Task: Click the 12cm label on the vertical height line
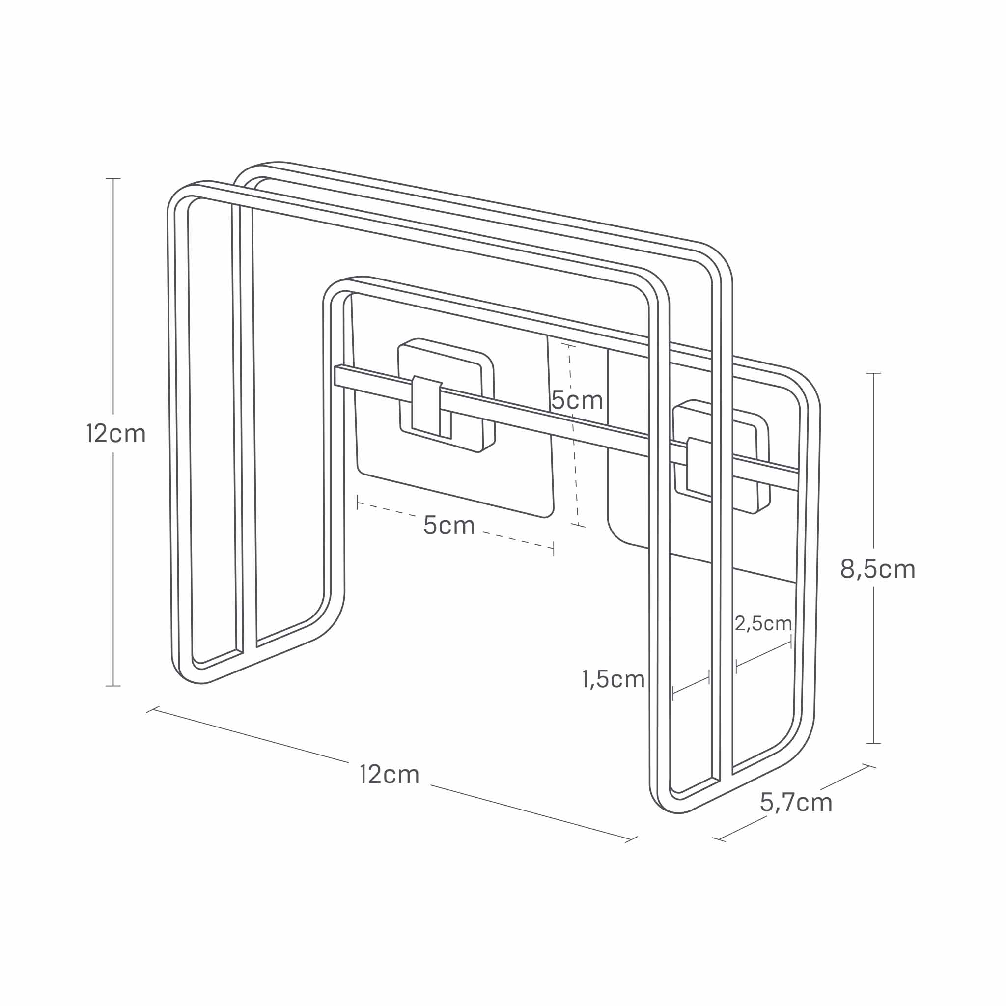tap(115, 434)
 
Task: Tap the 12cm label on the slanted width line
tap(390, 774)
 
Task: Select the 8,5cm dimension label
tap(877, 569)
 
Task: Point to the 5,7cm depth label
tap(796, 802)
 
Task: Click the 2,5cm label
tap(763, 623)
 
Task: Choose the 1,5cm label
tap(614, 679)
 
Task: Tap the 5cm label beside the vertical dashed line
tap(577, 400)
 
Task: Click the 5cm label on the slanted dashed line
tap(449, 525)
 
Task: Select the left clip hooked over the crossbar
tap(426, 406)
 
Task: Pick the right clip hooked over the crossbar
tap(699, 467)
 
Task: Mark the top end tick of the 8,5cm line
tap(873, 373)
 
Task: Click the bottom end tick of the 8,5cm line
tap(873, 743)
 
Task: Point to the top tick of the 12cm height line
tap(113, 179)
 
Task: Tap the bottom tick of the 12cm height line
tap(113, 686)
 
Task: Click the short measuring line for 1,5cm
tap(691, 685)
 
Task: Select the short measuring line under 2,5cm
tap(763, 654)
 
